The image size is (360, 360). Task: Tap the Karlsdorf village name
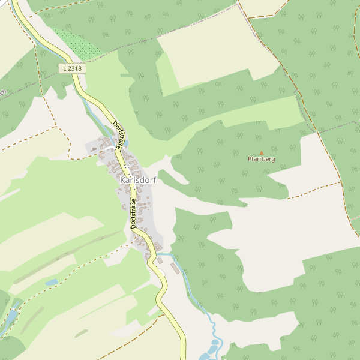point(135,180)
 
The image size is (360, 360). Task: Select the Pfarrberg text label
point(261,160)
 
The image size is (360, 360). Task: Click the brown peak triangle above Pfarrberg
point(261,153)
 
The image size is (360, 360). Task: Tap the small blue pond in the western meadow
point(52,282)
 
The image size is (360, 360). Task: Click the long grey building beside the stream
point(175,268)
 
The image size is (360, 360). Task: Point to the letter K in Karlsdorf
point(123,180)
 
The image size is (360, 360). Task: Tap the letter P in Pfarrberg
point(250,160)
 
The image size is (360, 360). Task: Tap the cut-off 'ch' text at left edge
point(2,92)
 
